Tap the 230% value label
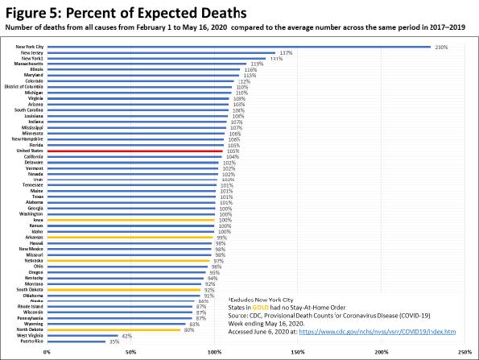[x=441, y=47]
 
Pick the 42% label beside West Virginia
[x=126, y=335]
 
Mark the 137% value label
[x=285, y=53]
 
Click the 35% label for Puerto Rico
[x=114, y=341]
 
